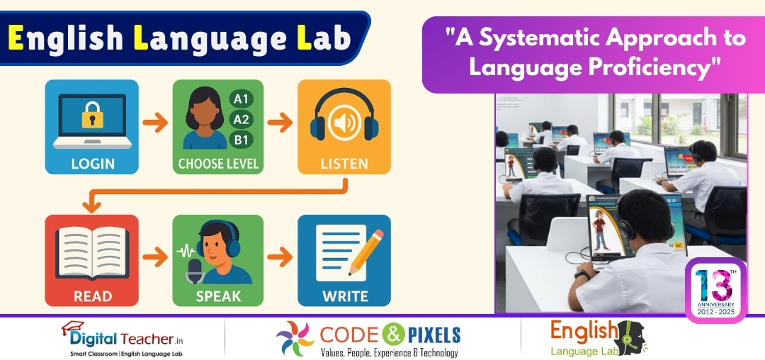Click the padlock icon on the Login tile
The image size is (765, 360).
coord(92,115)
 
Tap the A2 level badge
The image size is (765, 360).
coord(241,119)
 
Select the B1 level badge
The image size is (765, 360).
coord(241,139)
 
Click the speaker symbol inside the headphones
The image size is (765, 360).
coord(344,123)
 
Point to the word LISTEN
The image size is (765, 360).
coord(344,164)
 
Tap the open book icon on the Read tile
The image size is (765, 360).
coord(91,250)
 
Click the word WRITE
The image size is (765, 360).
coord(344,296)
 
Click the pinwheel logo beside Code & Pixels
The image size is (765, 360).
coord(295,338)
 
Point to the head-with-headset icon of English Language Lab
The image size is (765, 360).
coord(627,339)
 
